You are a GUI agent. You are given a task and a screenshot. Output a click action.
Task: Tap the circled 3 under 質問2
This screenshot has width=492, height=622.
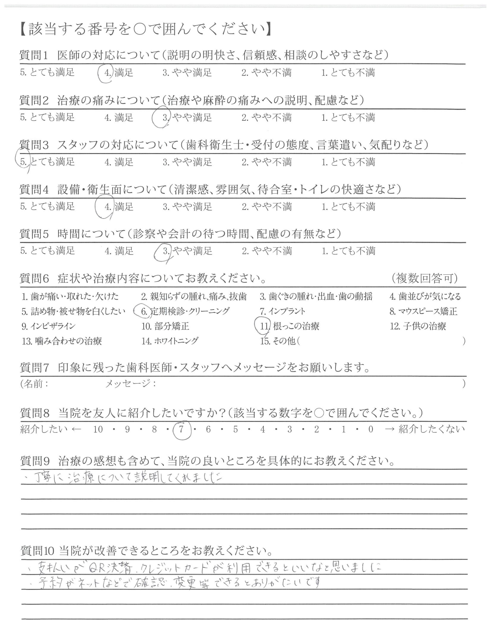point(165,118)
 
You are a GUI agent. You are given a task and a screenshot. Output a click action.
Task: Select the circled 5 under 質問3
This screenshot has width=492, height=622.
point(23,162)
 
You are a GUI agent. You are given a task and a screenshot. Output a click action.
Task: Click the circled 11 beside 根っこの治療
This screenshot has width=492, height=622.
point(264,326)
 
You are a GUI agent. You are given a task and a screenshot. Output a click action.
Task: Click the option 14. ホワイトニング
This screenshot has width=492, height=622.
point(170,341)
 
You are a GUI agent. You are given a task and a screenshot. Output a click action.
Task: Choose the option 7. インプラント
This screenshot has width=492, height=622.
point(282,311)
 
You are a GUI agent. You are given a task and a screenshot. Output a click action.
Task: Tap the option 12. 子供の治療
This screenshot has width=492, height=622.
point(418,326)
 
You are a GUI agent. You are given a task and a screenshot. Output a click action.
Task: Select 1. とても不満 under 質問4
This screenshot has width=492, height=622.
point(348,206)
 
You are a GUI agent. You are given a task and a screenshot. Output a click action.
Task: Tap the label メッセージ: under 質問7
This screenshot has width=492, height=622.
point(130,383)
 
